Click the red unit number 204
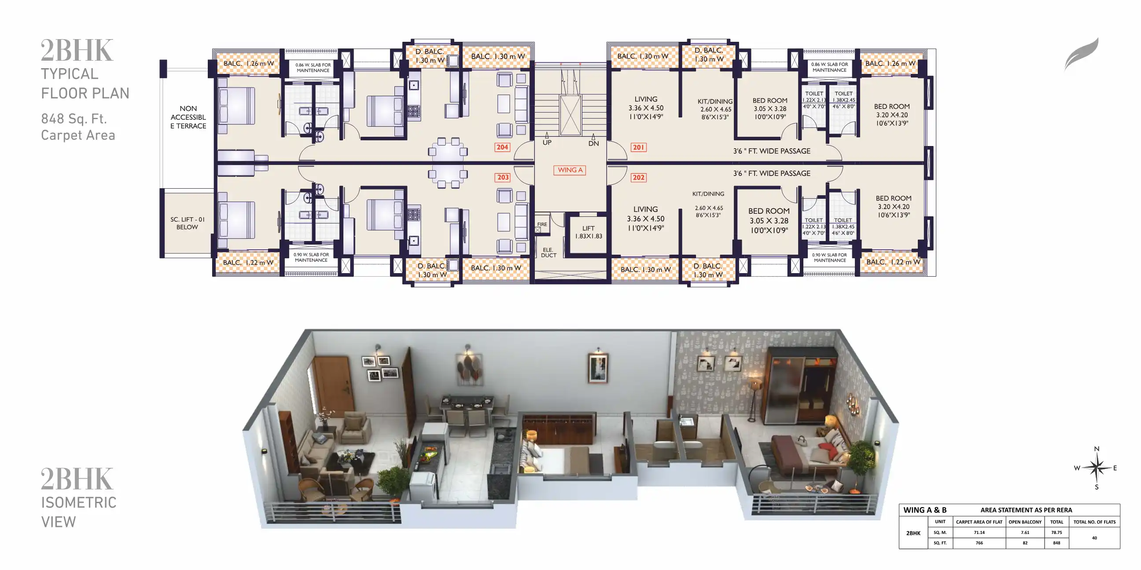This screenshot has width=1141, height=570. pos(502,147)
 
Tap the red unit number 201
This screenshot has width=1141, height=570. pos(638,147)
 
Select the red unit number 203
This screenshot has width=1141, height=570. pos(503,177)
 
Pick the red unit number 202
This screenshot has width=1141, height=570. pos(638,177)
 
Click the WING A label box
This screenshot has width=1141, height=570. pos(570,170)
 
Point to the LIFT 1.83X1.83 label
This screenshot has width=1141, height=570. pos(588,232)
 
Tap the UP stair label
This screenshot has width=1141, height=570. pos(547,142)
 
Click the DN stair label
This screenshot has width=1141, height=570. pos(593,143)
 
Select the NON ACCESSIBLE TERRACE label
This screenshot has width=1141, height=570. pos(188,117)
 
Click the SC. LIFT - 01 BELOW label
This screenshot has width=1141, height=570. pos(188,223)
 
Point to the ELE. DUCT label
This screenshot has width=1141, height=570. pos(548,252)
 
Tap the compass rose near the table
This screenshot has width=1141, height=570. pos(1096,468)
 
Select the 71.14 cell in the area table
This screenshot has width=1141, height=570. pos(979,532)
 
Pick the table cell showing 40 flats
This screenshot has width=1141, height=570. pos(1094,538)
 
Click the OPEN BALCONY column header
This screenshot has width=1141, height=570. pos(1025,522)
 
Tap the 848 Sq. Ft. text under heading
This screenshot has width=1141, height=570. pos(74,119)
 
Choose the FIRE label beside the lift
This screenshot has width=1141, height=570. pos(542,224)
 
